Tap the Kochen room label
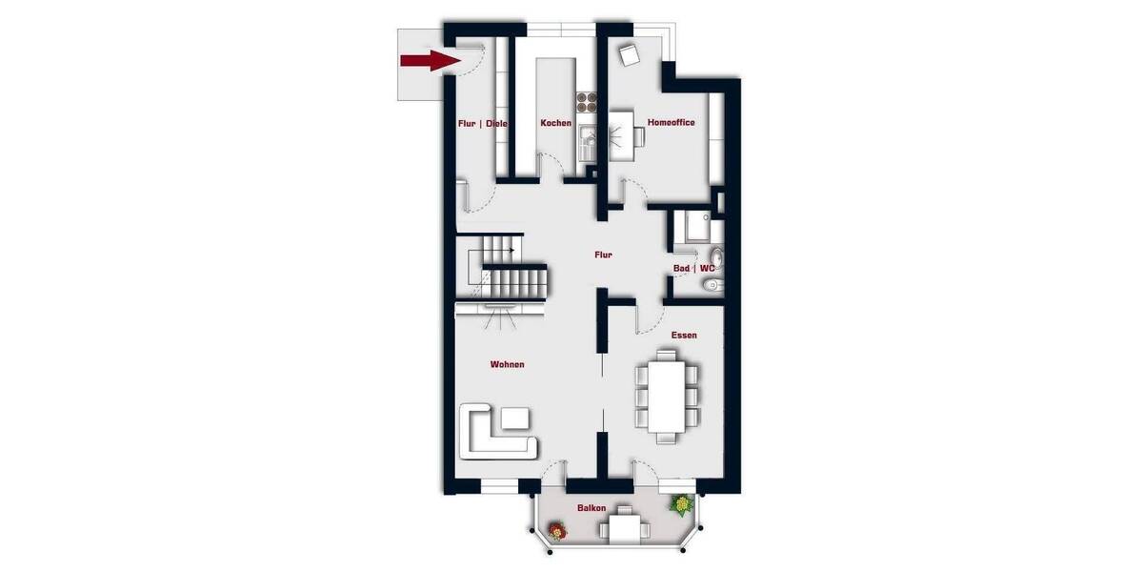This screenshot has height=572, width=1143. pos(555,123)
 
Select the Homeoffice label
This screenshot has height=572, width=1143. pos(671,123)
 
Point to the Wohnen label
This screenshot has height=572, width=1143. pos(507,364)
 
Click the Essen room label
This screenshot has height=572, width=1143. pos(683,336)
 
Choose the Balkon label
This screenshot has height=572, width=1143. pos(591,508)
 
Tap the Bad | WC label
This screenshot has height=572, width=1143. pos(693,269)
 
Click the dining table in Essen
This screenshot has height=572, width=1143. pos(666,394)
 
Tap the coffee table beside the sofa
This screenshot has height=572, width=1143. pos(517,418)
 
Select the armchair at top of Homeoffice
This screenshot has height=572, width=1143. pos(629,54)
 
